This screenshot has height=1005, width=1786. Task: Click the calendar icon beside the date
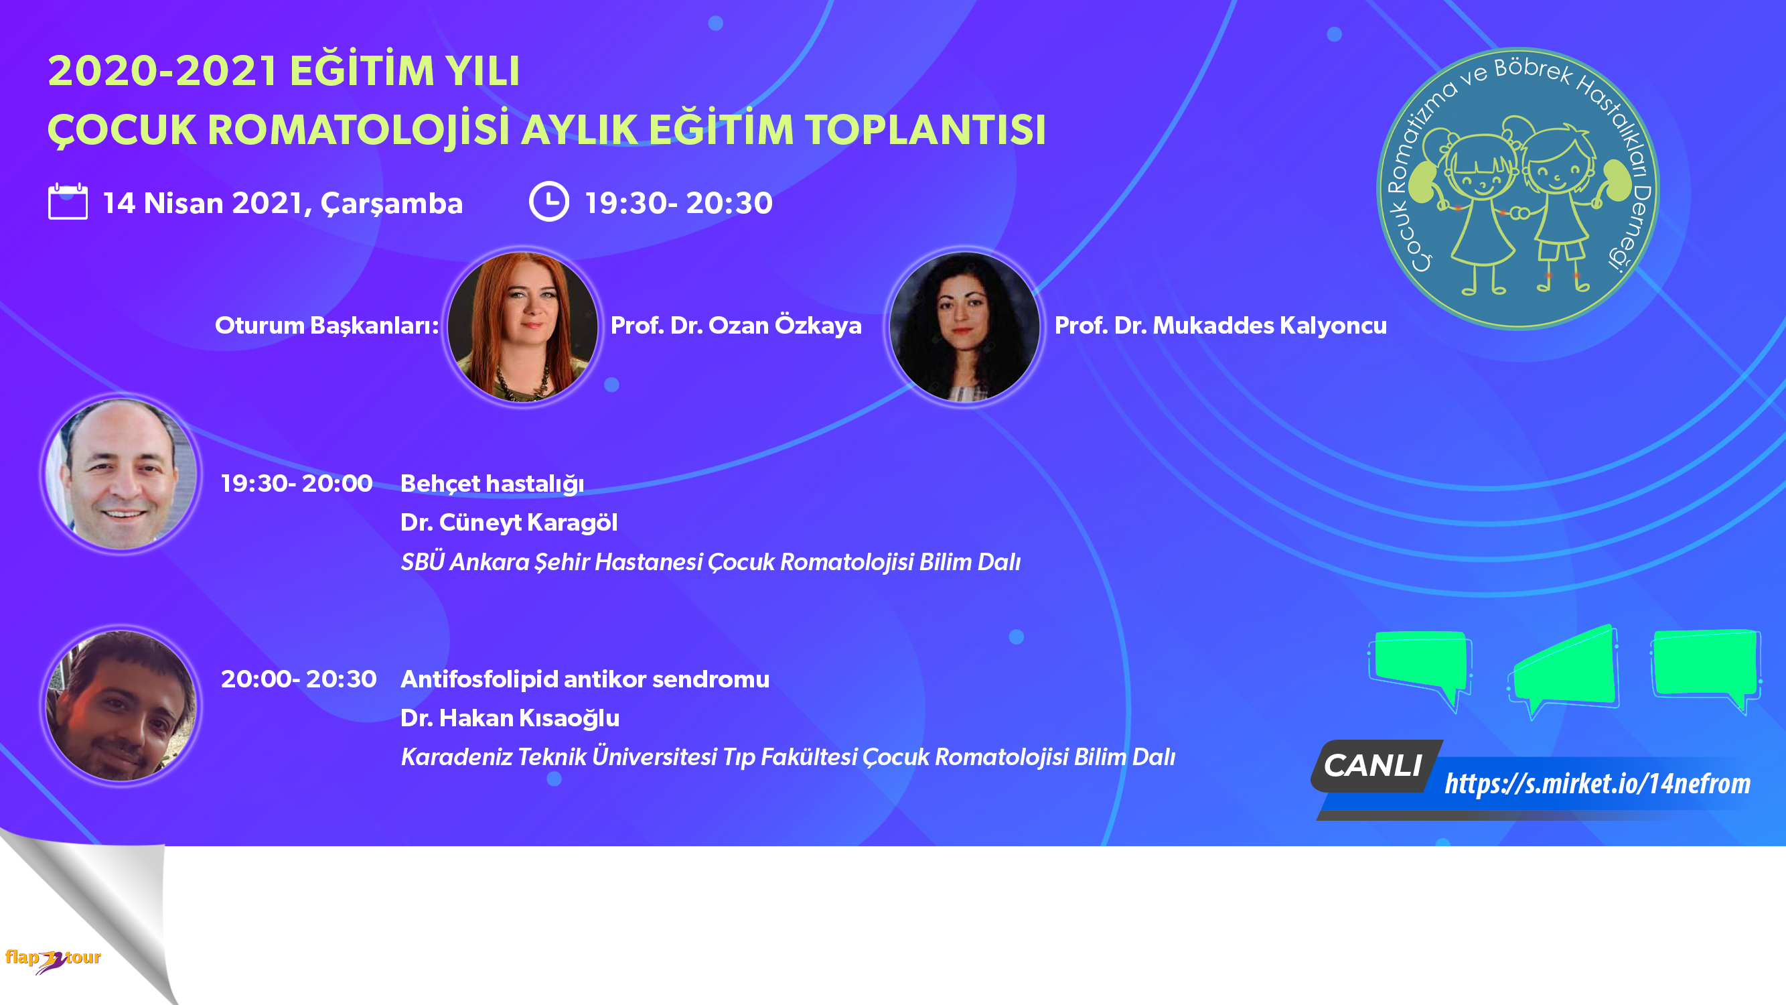pos(68,201)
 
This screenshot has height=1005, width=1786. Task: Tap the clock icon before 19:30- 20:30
pos(549,201)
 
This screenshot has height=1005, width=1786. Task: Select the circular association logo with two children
pos(1517,189)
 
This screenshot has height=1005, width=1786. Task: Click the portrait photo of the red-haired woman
pos(523,326)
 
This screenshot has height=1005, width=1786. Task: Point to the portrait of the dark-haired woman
pos(964,326)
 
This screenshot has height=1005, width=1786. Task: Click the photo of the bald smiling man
pos(121,474)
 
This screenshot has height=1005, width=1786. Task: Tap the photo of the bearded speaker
pos(121,706)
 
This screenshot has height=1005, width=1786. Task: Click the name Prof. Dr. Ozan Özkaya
pos(735,326)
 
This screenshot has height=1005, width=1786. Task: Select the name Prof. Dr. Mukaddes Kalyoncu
pos(1220,326)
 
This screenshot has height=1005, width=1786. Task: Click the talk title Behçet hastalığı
pos(492,484)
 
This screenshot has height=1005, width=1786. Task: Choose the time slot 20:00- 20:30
pos(299,679)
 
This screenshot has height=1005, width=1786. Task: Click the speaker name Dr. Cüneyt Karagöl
pos(509,523)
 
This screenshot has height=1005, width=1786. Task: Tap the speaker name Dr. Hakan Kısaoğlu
pos(510,718)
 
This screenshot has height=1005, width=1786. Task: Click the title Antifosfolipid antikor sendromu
pos(585,679)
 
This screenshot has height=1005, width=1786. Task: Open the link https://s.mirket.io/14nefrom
pos(1597,784)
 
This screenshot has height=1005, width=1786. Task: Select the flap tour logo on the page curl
pos(54,959)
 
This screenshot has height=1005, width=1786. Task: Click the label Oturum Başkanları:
pos(327,326)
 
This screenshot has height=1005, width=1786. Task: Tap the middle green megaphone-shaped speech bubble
pos(1564,670)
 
